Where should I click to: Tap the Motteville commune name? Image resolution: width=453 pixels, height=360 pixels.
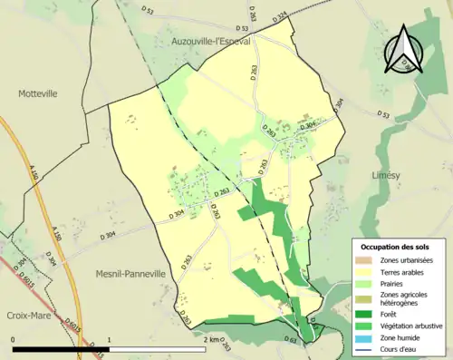pos(38,92)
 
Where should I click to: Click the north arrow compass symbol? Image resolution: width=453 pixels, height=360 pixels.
pos(403,48)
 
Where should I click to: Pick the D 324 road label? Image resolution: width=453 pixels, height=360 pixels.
pos(279,17)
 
